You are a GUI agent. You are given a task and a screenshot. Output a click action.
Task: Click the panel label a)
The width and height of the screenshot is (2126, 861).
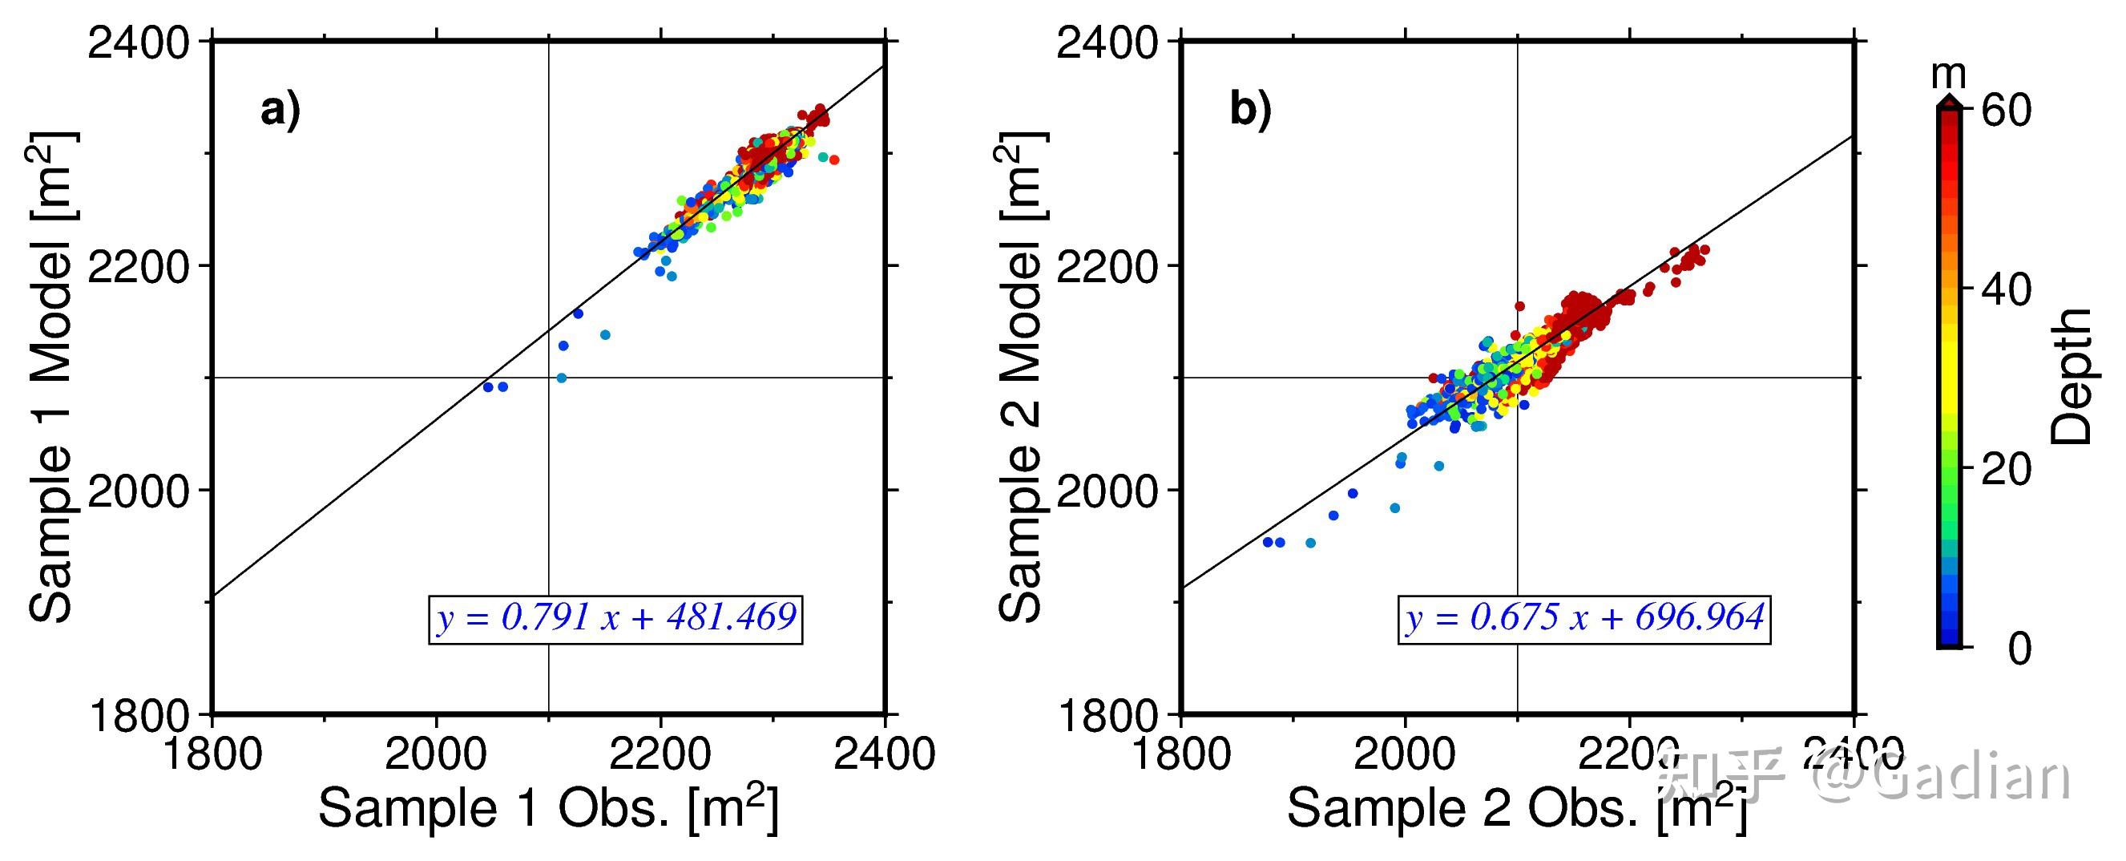(280, 111)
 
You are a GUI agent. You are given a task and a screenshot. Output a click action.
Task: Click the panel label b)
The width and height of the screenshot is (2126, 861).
(1250, 110)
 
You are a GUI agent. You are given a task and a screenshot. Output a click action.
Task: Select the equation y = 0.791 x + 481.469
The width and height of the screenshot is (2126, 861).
(616, 618)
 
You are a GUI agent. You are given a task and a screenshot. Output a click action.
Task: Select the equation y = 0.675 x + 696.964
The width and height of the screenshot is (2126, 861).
(1585, 618)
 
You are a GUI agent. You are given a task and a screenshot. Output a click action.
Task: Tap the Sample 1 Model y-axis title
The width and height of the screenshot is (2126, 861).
(53, 377)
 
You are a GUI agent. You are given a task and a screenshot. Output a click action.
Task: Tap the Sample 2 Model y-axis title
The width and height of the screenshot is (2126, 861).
(1022, 377)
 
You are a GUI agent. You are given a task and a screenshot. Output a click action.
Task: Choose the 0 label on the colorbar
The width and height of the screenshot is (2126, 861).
(2019, 649)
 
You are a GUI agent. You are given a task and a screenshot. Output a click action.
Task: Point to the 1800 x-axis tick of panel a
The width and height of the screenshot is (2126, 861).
(213, 754)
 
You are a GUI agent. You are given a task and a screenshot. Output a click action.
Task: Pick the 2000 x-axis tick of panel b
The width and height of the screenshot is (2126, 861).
(1406, 754)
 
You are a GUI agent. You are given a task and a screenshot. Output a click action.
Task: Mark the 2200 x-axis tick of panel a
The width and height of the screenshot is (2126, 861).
(660, 754)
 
